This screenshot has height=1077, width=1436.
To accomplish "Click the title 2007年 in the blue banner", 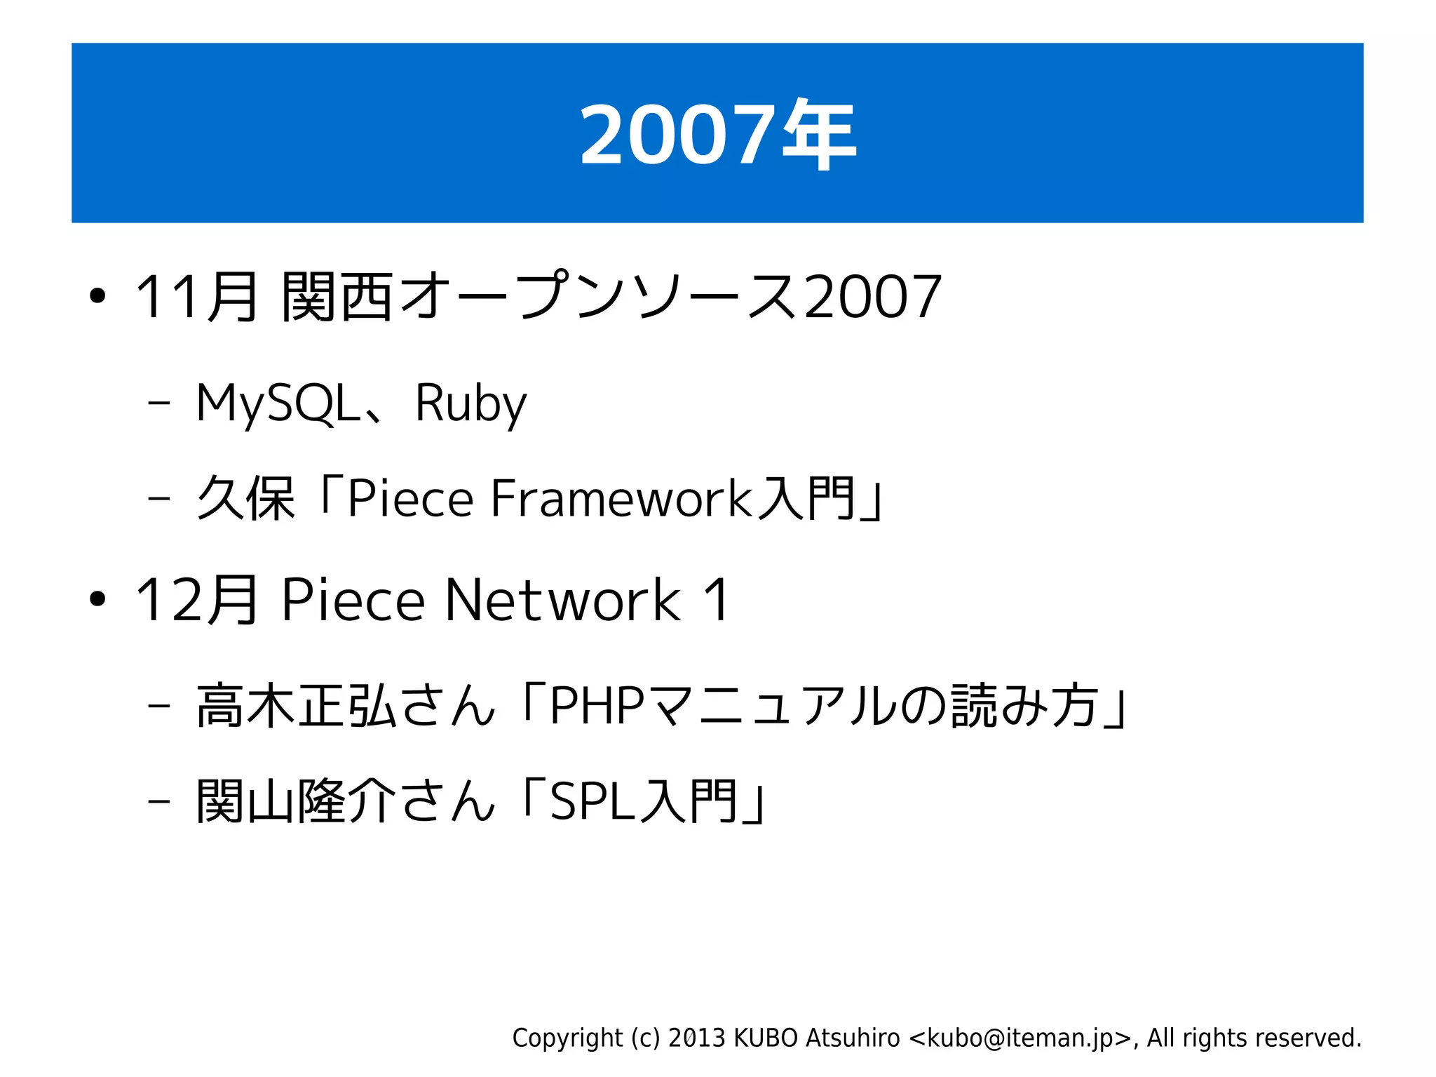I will click(717, 134).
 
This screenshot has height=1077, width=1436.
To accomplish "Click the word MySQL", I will click(278, 403).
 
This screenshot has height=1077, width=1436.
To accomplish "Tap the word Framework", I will click(621, 498).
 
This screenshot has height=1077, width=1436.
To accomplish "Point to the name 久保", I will click(245, 498).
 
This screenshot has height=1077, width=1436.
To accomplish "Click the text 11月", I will click(196, 297).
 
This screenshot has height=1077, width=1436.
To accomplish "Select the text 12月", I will click(196, 600).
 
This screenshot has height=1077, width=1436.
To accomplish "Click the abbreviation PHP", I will click(597, 706).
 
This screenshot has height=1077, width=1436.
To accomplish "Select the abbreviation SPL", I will click(592, 801).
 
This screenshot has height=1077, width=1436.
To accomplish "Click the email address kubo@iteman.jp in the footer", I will click(1020, 1038).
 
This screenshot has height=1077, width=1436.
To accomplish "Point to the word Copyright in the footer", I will click(567, 1038).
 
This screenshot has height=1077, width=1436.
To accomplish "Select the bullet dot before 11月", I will click(97, 297).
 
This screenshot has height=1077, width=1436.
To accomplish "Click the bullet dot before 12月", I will click(97, 600).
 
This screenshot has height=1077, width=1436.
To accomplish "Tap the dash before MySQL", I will click(159, 404).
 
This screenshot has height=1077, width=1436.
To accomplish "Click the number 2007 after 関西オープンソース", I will click(872, 297).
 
